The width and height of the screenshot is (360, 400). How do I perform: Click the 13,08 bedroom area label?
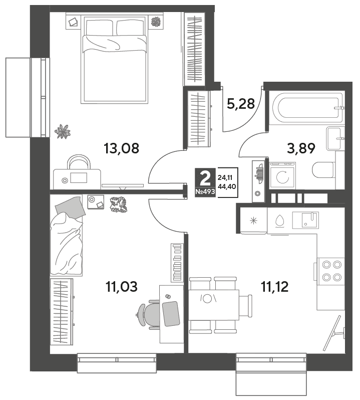[122, 148]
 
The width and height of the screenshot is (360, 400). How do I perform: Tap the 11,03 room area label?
[122, 287]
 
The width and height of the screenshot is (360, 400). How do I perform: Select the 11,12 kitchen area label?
[275, 287]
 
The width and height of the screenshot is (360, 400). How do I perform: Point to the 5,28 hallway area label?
[241, 104]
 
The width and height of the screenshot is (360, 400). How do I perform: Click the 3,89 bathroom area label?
[301, 148]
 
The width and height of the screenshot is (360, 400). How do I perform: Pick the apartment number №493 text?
[205, 191]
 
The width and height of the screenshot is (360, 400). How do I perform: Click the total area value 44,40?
[227, 186]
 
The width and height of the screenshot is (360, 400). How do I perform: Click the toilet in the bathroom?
[323, 170]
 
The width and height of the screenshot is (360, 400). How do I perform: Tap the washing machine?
[282, 176]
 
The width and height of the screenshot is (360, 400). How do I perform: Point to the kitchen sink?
[306, 220]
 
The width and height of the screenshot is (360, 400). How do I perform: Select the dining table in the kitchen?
[214, 305]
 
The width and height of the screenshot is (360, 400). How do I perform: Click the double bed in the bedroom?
[114, 59]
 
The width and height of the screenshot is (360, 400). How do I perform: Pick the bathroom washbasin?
[334, 138]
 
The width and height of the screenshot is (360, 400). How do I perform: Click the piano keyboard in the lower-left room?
[177, 263]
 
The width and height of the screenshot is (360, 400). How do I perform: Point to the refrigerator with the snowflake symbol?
[253, 221]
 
